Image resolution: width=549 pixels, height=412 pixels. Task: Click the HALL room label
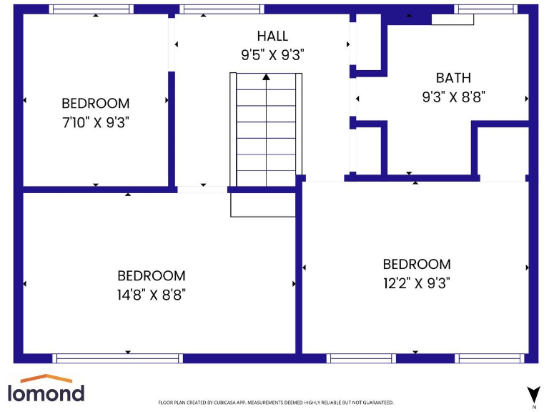(272, 36)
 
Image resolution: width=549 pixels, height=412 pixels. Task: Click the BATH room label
(453, 78)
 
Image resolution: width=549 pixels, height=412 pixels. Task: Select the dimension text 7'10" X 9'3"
(95, 122)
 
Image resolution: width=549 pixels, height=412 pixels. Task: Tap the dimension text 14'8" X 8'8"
(152, 294)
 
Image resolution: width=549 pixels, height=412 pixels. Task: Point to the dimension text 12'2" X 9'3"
(416, 283)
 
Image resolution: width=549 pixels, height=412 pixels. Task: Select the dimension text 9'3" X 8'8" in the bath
(453, 97)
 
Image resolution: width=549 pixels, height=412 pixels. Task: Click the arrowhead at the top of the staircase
(266, 76)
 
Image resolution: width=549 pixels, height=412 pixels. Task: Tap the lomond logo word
(46, 393)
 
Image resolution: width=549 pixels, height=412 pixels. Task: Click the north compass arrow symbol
(533, 393)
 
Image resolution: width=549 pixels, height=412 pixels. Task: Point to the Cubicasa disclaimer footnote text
(275, 403)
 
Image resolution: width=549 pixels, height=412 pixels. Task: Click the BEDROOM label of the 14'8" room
(152, 275)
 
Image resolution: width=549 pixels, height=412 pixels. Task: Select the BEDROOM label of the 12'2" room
(416, 264)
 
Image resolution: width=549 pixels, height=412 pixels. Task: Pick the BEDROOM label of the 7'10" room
(95, 104)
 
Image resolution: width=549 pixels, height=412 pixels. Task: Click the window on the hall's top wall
(222, 9)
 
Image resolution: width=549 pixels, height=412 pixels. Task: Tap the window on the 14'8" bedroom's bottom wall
(117, 358)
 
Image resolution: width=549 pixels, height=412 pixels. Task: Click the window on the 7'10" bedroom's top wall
(91, 9)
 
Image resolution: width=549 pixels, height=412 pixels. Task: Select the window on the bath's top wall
(486, 9)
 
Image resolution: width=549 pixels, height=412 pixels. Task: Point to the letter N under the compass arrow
(533, 406)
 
